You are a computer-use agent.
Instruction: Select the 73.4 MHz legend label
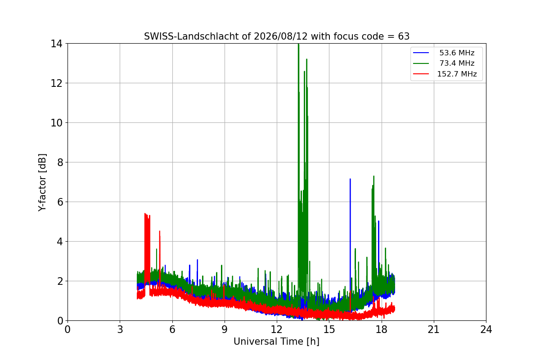457,63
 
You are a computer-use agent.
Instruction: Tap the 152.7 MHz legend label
457,74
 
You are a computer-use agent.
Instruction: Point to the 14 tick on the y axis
57,44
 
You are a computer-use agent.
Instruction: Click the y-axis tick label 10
57,123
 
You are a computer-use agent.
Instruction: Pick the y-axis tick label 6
60,202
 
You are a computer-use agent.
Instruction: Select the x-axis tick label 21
434,329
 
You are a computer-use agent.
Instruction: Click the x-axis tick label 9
225,329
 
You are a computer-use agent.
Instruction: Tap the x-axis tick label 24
486,329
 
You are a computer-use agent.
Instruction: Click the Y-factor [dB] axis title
42,183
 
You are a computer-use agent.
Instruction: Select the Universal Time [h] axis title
276,342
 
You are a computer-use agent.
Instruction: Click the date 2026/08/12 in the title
281,36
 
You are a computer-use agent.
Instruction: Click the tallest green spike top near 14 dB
298,45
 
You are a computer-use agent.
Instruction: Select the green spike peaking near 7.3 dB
373,176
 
